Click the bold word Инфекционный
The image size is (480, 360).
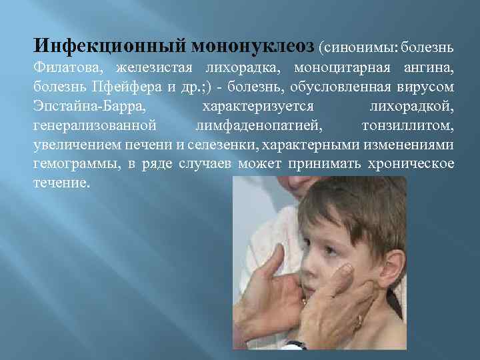109,46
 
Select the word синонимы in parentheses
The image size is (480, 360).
359,48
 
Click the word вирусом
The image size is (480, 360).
427,87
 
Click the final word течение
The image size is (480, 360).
61,183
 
